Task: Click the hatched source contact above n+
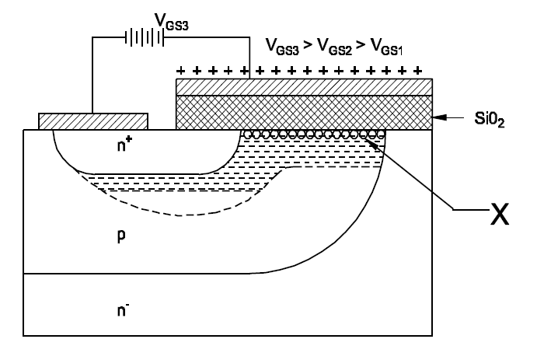coord(93,121)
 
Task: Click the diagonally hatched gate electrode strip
coord(303,86)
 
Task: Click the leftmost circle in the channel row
coord(247,134)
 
